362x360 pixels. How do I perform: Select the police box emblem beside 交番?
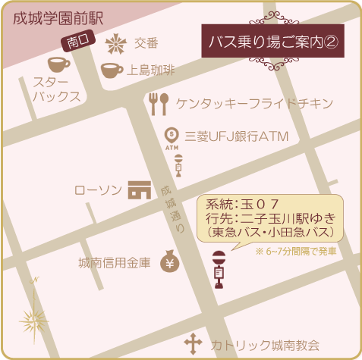point(115,42)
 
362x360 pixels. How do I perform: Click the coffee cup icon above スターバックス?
point(59,64)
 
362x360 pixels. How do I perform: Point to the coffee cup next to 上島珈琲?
point(112,70)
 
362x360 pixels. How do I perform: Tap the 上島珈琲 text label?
point(151,71)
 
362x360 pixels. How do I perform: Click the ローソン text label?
point(98,189)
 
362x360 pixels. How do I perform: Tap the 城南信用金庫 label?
point(115,263)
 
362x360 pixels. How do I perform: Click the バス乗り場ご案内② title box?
point(272,42)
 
